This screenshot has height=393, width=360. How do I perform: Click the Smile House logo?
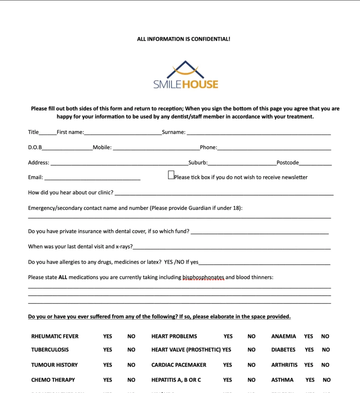click(186, 75)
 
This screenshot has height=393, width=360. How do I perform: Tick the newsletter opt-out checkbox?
click(171, 175)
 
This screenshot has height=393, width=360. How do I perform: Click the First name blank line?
click(123, 133)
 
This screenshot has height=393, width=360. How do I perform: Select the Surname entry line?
click(258, 133)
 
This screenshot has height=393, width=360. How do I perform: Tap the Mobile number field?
click(156, 148)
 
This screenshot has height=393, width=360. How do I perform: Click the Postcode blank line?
click(315, 163)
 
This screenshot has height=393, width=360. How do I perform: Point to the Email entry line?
click(92, 178)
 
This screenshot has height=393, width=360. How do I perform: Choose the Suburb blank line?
click(242, 163)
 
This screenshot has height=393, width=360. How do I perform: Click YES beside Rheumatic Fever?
click(108, 336)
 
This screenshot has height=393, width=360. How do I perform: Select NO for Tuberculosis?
click(131, 350)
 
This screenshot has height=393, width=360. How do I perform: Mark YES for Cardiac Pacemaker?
click(227, 365)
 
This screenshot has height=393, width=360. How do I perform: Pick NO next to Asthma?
click(327, 380)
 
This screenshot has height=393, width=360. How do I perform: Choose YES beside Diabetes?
click(309, 350)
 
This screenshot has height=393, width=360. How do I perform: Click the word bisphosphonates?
click(203, 277)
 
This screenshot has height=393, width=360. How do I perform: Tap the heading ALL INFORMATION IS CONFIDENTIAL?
click(184, 39)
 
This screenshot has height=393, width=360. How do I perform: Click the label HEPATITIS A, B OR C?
click(176, 380)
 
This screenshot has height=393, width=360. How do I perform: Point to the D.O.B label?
click(35, 147)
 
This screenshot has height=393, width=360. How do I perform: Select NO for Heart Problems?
click(251, 336)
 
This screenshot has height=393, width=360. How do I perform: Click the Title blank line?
click(48, 133)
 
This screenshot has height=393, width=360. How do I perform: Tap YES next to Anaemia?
click(309, 336)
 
